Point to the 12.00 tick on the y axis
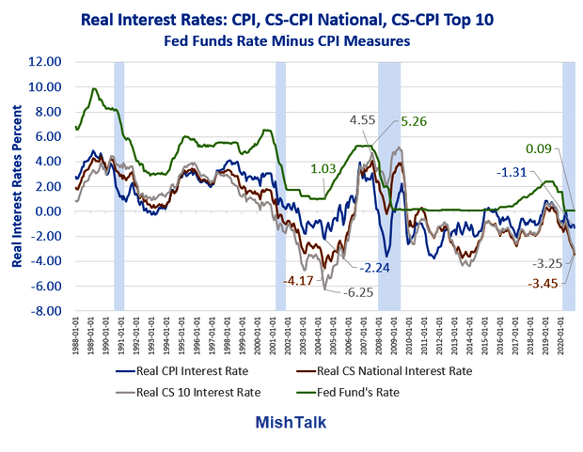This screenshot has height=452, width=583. click(x=46, y=62)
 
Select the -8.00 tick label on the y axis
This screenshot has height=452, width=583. click(x=46, y=311)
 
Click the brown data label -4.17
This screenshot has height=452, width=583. click(x=299, y=279)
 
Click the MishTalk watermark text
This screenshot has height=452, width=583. click(x=291, y=422)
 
